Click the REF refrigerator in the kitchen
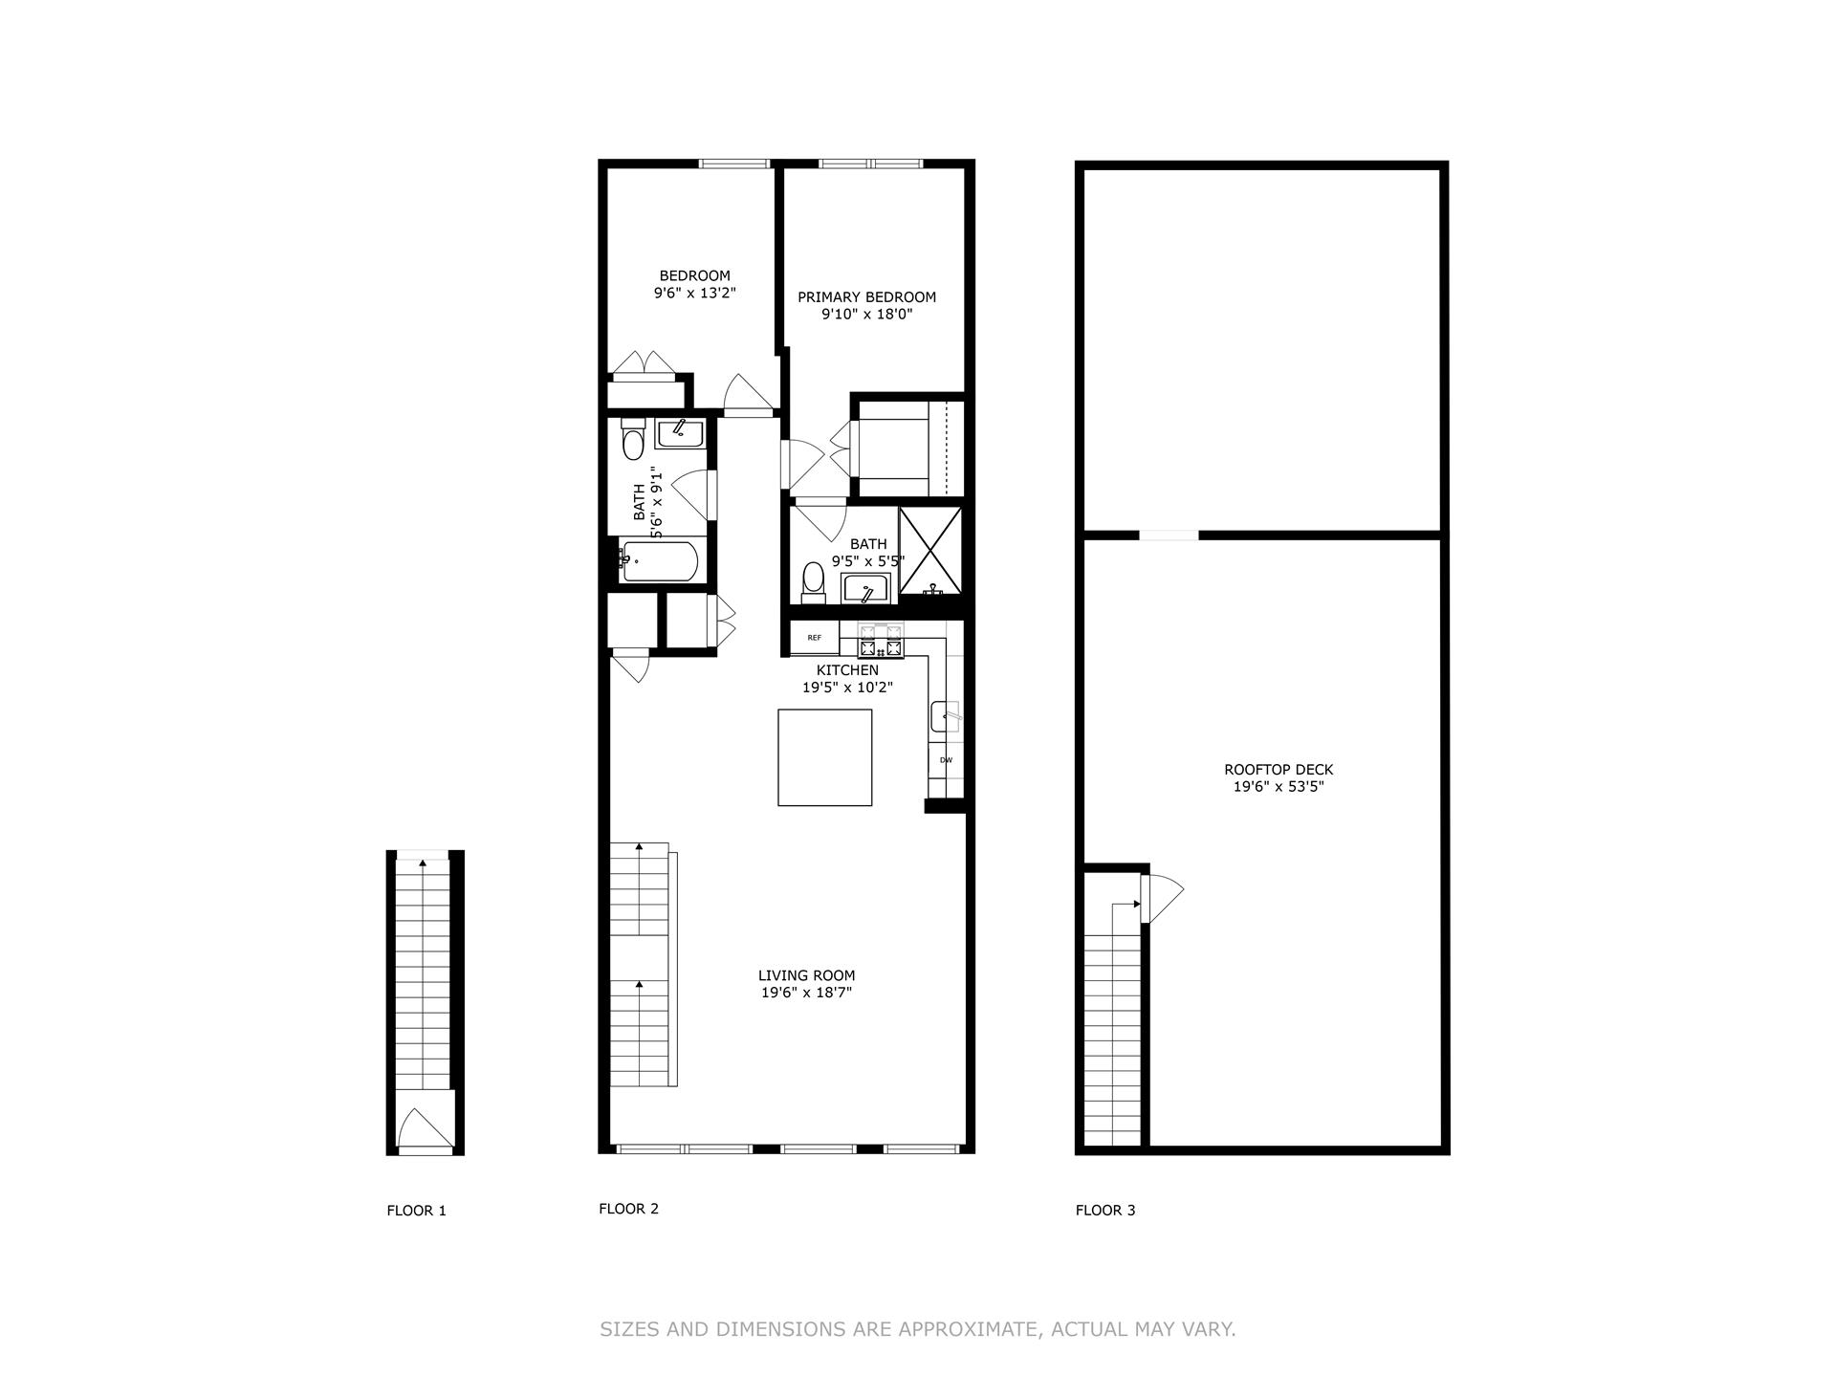(814, 638)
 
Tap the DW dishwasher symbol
(946, 760)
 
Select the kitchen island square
(824, 757)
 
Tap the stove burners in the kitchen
(881, 642)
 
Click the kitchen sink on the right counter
(945, 716)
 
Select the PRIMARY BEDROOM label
(866, 297)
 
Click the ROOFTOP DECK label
(1278, 770)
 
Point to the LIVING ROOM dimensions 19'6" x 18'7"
(806, 993)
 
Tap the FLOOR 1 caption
(416, 1211)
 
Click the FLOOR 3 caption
(1104, 1210)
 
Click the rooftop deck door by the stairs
(1161, 897)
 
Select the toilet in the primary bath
(813, 581)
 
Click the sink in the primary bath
(865, 590)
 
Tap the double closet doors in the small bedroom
(645, 365)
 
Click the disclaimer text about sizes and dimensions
(917, 1329)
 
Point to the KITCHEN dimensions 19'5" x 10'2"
(846, 687)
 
